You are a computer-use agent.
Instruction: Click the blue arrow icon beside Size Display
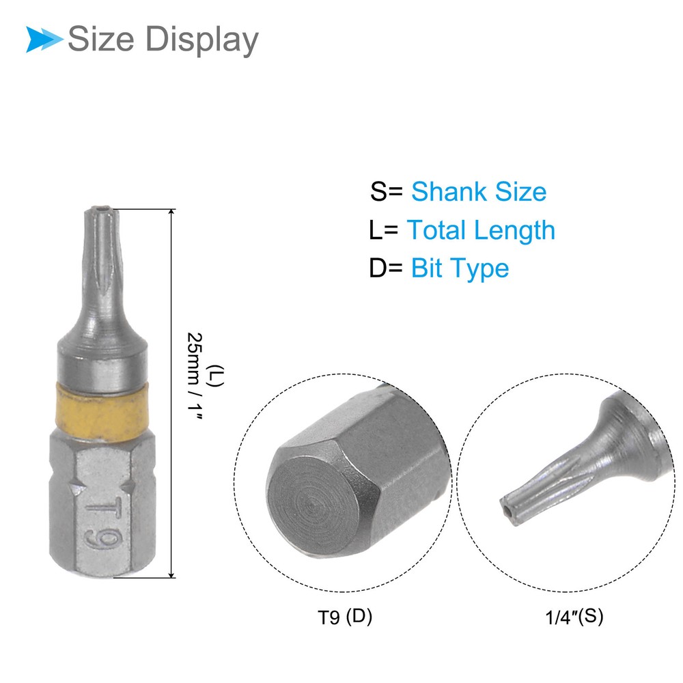point(44,39)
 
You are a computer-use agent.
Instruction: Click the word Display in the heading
point(201,40)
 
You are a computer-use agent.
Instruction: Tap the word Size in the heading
point(101,39)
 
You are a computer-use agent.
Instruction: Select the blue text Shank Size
point(479,192)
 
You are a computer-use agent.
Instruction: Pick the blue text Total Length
point(481,230)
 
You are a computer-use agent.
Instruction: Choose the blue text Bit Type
point(460,268)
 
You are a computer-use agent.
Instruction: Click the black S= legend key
point(387,192)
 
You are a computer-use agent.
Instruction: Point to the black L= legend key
point(383,230)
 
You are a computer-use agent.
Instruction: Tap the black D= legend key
point(385,268)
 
